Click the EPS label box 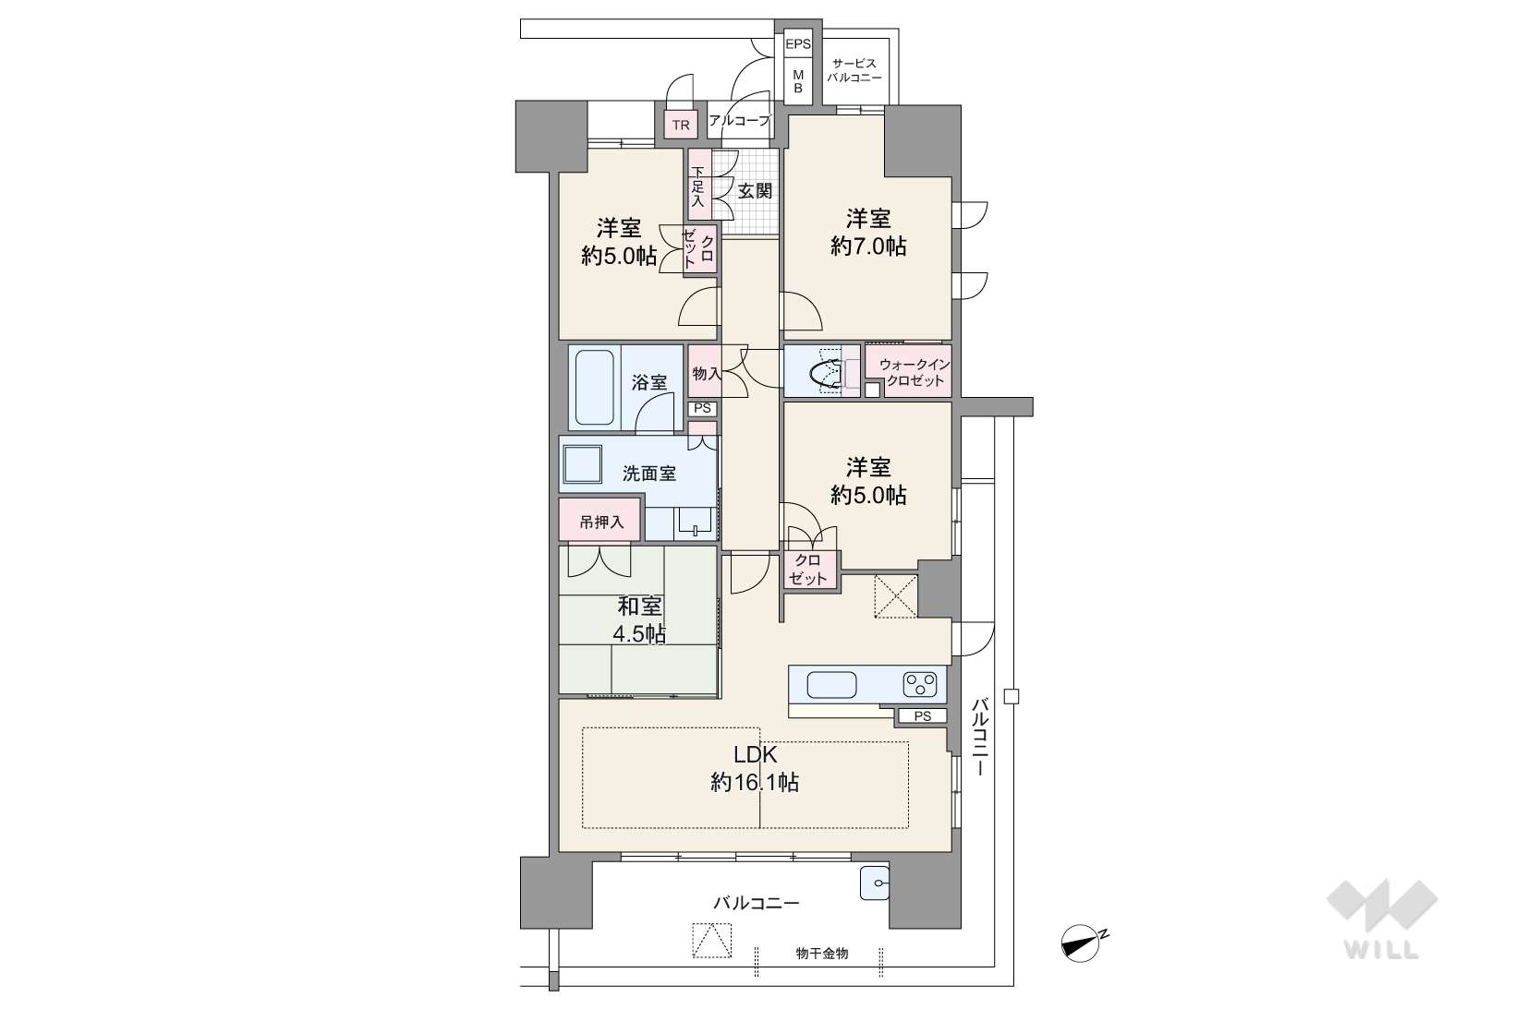coord(797,44)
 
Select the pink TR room coord(681,125)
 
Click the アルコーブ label coord(739,121)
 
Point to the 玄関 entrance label coord(755,191)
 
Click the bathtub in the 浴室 coord(595,387)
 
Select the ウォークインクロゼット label coord(914,372)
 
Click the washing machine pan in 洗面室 coord(582,464)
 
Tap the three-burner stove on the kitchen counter coord(919,684)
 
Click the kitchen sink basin coord(831,685)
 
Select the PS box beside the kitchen coord(922,715)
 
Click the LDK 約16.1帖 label coord(755,769)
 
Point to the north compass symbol coord(1082,943)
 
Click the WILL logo coord(1382,919)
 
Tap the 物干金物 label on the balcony coord(822,953)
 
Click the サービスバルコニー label coord(854,70)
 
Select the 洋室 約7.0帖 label coord(868,233)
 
